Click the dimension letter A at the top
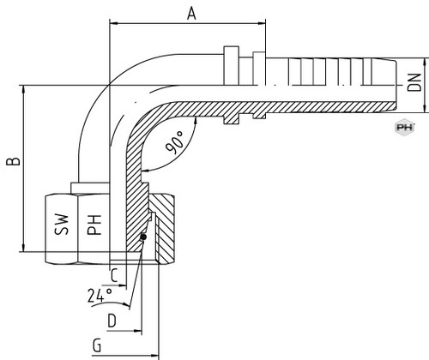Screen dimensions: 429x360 [191, 14]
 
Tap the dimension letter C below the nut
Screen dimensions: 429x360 [114, 276]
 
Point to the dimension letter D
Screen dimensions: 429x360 [112, 321]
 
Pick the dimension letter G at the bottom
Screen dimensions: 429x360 [97, 345]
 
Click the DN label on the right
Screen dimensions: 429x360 [414, 82]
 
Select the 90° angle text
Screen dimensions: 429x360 [175, 142]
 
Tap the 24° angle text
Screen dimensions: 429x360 [100, 296]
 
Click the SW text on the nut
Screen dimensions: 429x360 [62, 225]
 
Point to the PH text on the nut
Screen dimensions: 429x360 [94, 225]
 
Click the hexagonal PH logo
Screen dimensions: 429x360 [405, 127]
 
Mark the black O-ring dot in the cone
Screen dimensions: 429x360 [143, 237]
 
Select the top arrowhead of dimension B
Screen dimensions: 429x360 [23, 89]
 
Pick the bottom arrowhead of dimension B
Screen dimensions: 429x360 [23, 248]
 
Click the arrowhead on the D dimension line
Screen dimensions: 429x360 [138, 331]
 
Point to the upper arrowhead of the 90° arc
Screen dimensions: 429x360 [196, 121]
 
